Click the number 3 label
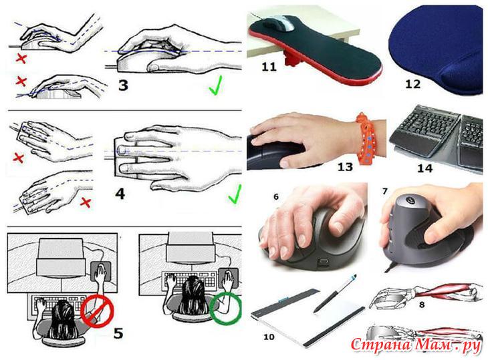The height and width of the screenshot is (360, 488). (x=123, y=85)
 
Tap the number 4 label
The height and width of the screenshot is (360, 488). (x=120, y=194)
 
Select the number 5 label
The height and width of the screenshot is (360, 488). (x=118, y=333)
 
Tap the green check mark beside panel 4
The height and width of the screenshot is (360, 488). (x=235, y=194)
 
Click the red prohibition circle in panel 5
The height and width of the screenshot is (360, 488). (x=97, y=311)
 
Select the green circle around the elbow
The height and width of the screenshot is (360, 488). (x=226, y=308)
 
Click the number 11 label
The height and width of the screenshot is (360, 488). (x=269, y=67)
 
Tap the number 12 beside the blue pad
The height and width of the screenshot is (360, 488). (x=412, y=84)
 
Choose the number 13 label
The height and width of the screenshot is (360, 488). (x=345, y=167)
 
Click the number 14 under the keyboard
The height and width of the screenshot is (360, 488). (x=424, y=168)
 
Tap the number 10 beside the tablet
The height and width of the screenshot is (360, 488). (x=269, y=337)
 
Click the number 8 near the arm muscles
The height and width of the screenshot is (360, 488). (x=422, y=305)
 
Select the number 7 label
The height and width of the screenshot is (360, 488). (x=385, y=191)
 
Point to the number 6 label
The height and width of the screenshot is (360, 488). (x=276, y=197)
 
